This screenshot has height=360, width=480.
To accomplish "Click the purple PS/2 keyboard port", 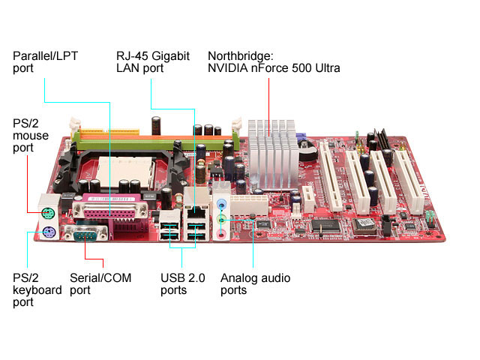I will pos(46,232).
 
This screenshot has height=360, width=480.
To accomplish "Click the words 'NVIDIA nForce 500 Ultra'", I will pos(274,68).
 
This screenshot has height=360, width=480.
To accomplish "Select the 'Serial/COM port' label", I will pos(100,283).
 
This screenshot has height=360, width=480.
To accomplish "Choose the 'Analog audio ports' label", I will pos(255,283).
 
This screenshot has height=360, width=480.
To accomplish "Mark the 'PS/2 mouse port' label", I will pos(30,136).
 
